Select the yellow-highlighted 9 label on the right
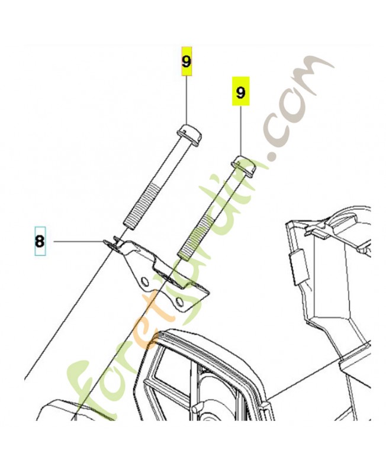point(241,92)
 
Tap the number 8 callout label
point(40,241)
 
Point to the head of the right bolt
point(243,166)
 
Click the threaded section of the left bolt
point(141,206)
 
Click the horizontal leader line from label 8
point(78,241)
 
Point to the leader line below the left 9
point(186,99)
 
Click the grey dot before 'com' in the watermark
point(274,156)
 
